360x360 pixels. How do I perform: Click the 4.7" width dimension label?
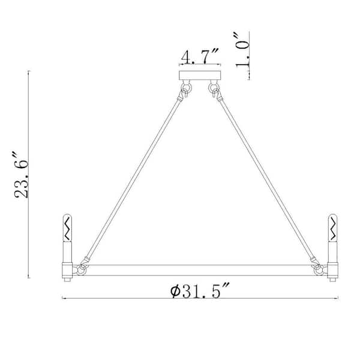tap(200, 58)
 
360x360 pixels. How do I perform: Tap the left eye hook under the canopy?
tap(185, 91)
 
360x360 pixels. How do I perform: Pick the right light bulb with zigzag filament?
tap(331, 227)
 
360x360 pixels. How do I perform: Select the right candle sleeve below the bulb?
tap(331, 251)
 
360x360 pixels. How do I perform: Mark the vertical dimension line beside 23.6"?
tap(29, 174)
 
